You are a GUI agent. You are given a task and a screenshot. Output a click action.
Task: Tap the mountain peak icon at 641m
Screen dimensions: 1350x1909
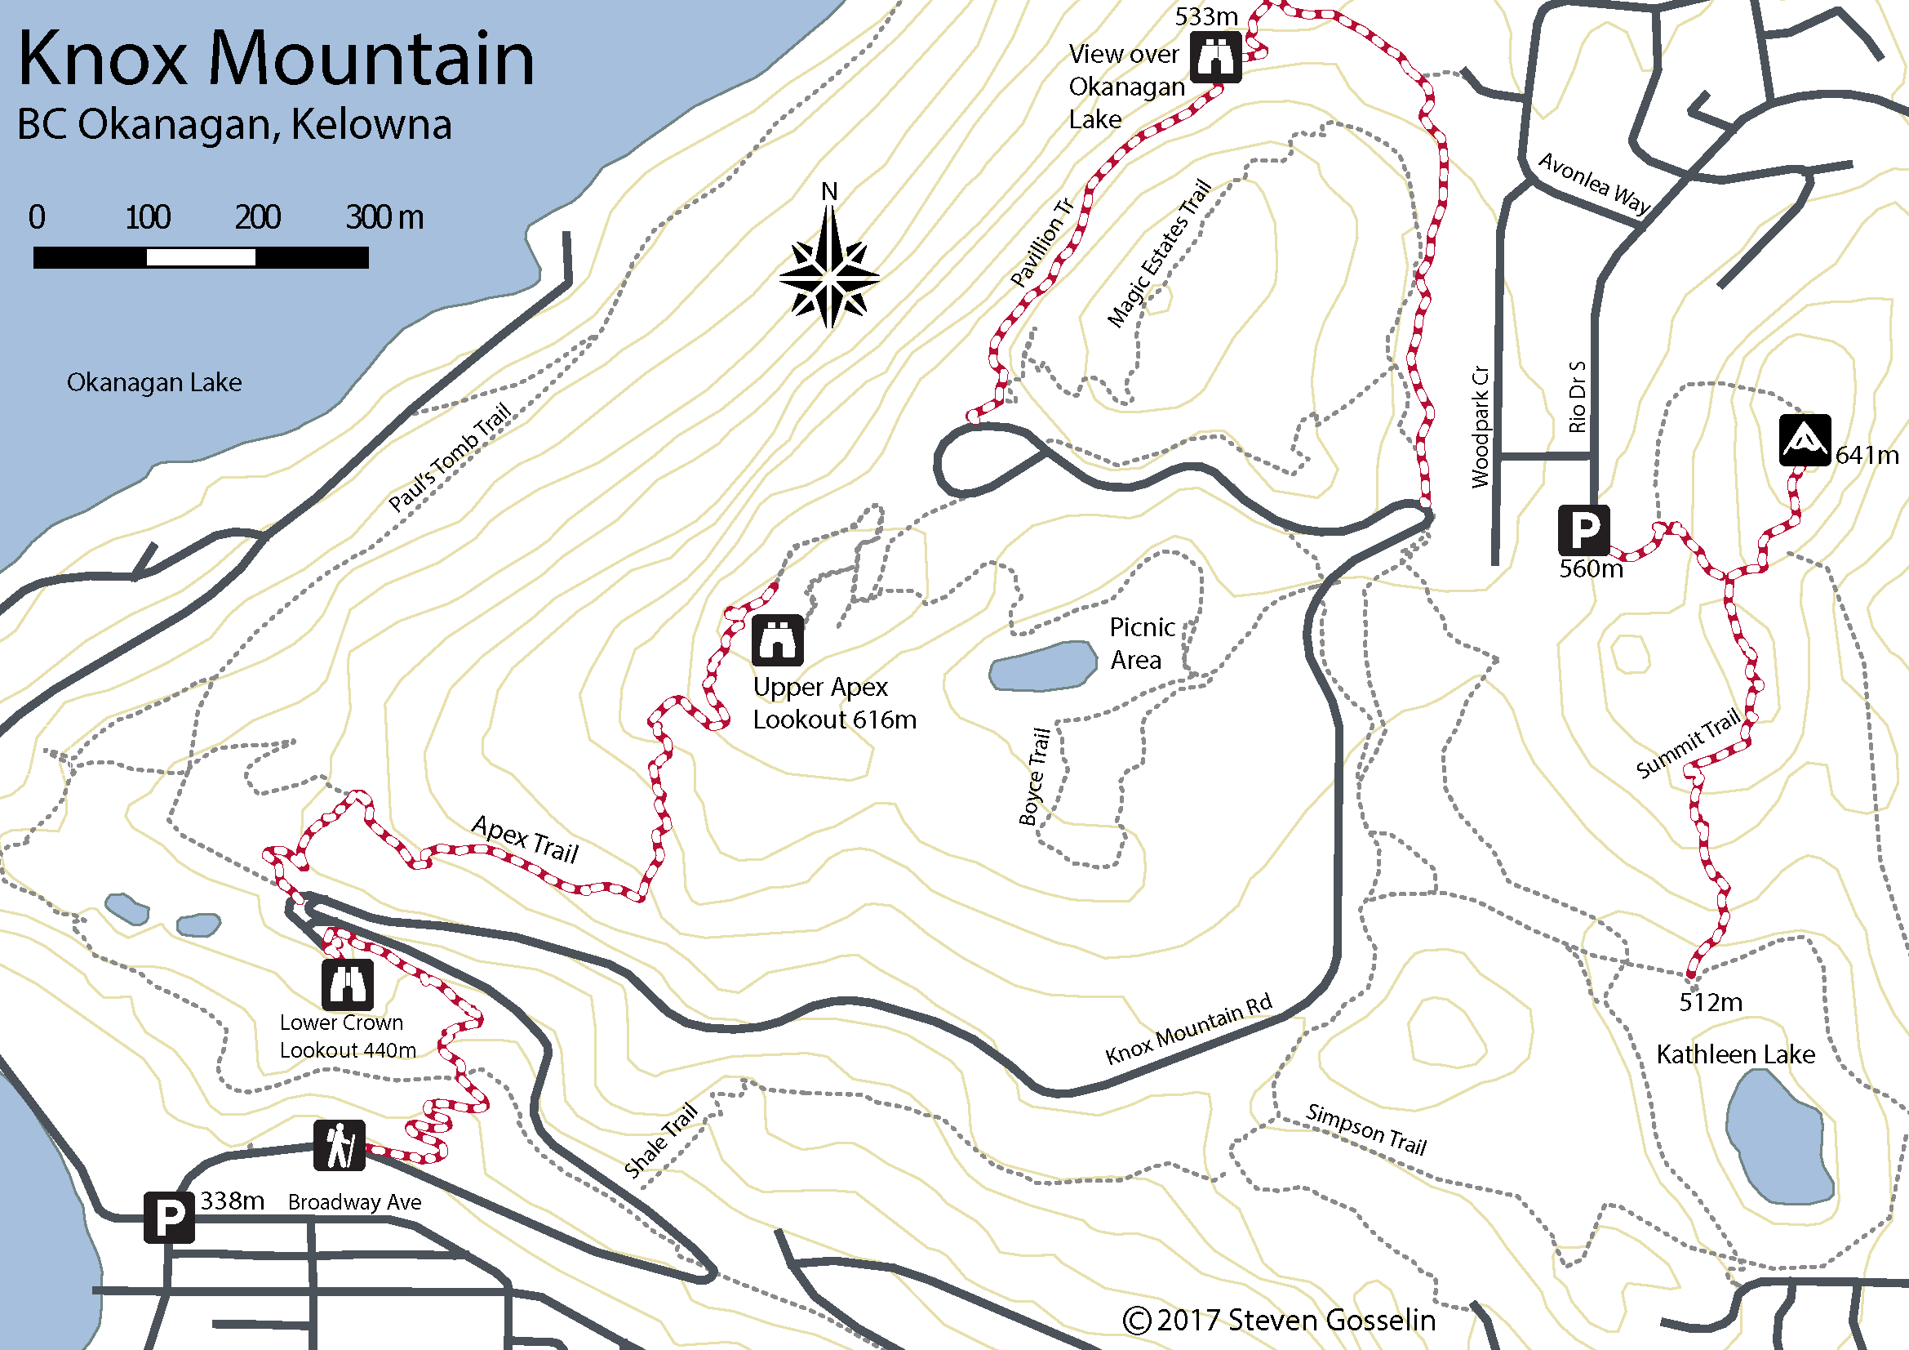click(x=1805, y=440)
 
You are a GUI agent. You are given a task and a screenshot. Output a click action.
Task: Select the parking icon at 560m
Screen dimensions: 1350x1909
click(x=1583, y=529)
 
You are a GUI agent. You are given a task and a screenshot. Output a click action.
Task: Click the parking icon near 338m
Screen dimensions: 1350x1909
click(x=169, y=1217)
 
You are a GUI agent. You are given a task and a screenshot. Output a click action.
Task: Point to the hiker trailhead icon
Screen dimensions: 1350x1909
click(x=340, y=1145)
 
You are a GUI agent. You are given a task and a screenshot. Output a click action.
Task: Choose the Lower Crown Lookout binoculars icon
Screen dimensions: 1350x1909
click(x=348, y=985)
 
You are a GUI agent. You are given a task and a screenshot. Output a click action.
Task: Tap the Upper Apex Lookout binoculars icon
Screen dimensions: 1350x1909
click(x=778, y=639)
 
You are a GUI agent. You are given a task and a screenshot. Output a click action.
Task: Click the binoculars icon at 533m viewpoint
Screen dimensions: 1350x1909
click(x=1215, y=56)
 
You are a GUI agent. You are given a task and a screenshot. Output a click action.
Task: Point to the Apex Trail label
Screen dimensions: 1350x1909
click(x=525, y=839)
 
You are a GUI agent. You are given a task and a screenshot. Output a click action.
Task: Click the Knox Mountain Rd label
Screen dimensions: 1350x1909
click(x=1189, y=1028)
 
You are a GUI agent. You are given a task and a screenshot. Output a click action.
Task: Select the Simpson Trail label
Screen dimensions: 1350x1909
click(x=1366, y=1129)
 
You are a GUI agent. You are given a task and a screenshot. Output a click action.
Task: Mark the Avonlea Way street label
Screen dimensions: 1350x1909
click(x=1594, y=184)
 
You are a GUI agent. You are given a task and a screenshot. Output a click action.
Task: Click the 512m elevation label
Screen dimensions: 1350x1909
click(x=1711, y=1002)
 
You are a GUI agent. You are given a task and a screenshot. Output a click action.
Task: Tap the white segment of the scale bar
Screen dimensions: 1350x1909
click(x=201, y=258)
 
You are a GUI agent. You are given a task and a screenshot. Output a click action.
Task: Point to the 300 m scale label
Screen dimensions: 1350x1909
click(x=384, y=217)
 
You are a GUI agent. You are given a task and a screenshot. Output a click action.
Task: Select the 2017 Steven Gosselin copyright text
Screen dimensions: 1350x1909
click(x=1280, y=1319)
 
